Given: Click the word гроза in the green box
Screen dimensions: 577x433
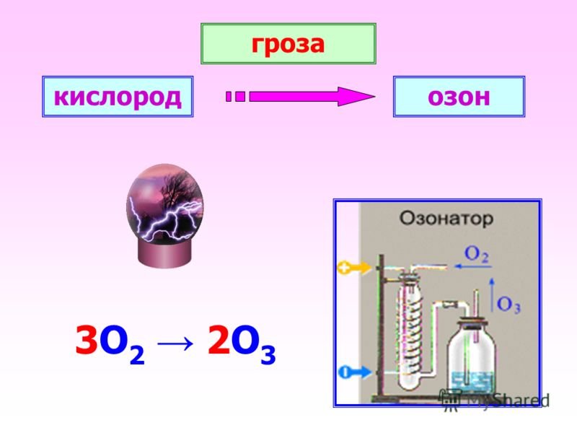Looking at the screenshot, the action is [288, 45].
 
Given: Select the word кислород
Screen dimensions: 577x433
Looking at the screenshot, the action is [118, 97].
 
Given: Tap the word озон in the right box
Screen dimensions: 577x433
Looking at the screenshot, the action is [459, 97].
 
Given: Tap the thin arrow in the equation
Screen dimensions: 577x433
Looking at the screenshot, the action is [175, 344].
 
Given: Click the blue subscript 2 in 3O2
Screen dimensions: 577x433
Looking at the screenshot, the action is [137, 356].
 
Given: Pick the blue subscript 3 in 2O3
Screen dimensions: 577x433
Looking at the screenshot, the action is [268, 356].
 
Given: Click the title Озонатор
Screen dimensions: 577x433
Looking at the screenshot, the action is [446, 218].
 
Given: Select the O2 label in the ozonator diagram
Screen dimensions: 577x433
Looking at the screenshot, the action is [477, 255].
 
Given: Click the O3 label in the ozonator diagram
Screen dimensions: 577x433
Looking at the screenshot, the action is [508, 305].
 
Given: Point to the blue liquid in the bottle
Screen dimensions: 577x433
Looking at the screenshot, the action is [472, 382].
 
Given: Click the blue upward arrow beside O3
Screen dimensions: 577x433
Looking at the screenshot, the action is [492, 295].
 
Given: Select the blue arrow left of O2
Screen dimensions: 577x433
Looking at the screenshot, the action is [473, 266].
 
